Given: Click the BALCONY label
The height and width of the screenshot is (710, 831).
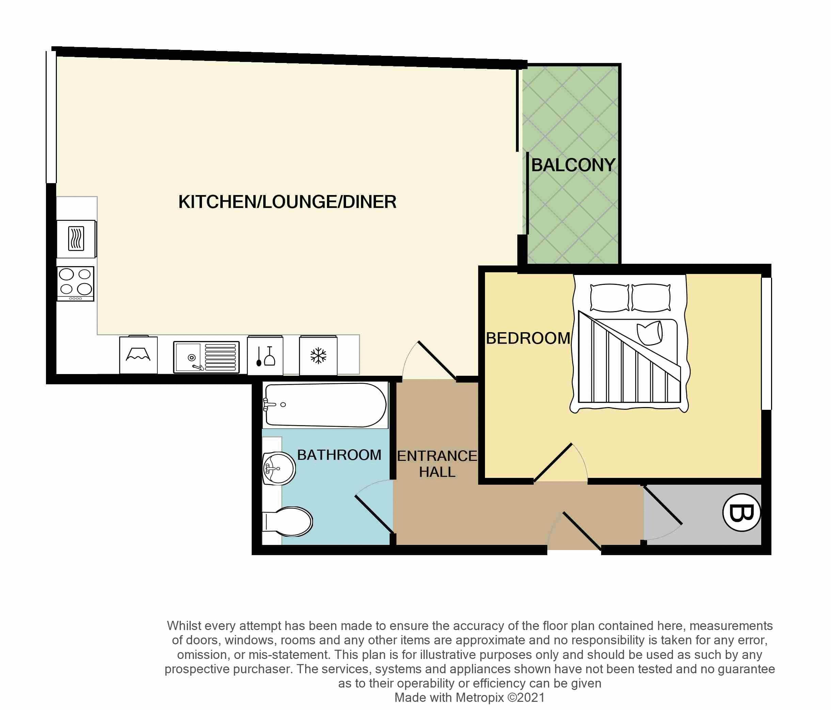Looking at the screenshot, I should (573, 165).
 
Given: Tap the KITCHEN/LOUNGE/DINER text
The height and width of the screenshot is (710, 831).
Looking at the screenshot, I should (287, 201).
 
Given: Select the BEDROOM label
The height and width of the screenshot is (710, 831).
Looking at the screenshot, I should (528, 338).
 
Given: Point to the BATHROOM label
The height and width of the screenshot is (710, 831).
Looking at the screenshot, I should (339, 455).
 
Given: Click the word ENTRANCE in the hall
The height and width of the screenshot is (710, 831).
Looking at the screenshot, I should (437, 456).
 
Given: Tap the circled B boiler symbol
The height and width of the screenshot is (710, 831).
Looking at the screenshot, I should (741, 512).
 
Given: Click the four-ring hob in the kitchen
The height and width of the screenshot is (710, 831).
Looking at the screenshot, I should (75, 283).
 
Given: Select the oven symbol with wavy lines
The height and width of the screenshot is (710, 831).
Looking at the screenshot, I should (76, 239).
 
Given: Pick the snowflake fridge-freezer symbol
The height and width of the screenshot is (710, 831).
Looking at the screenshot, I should (318, 356).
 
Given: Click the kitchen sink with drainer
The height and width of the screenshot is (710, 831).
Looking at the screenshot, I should (206, 357).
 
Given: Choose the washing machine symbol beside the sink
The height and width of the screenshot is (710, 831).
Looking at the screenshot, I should (138, 355).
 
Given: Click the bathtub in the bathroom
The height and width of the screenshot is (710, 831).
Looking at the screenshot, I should (325, 405).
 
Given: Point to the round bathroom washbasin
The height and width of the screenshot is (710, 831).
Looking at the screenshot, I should (279, 468).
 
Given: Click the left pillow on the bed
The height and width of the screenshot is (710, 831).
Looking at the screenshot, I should (610, 297).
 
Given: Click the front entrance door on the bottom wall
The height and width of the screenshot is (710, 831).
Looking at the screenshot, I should (582, 531).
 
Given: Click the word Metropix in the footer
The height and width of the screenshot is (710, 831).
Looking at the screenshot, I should (479, 697).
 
